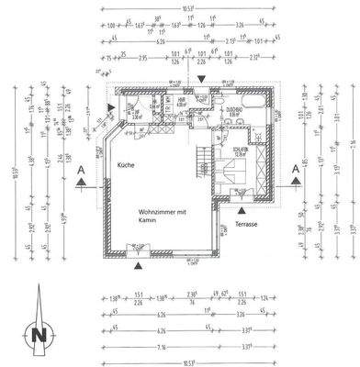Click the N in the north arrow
pyautogui.click(x=38, y=336)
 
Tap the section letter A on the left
pyautogui.click(x=83, y=170)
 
